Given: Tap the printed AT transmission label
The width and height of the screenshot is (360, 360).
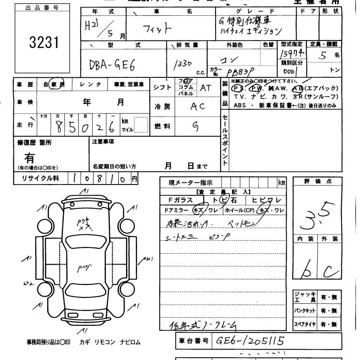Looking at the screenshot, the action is click(205, 88).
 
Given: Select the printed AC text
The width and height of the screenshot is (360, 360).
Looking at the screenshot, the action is click(198, 107).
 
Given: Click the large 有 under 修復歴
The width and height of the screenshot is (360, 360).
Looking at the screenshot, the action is click(29, 158).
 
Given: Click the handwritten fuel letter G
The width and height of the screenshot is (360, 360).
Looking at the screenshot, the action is click(196, 126).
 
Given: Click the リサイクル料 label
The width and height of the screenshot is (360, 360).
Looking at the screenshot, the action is click(40, 179).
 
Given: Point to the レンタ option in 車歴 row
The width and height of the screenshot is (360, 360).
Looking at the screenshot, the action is click(90, 84).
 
